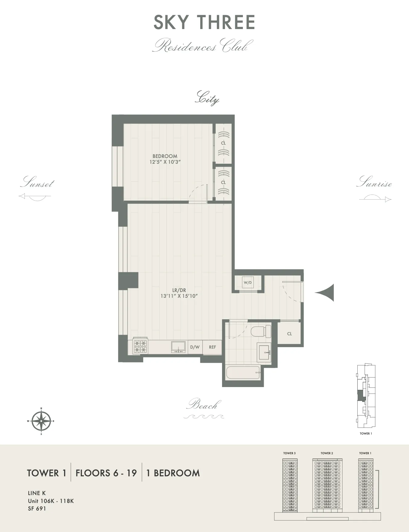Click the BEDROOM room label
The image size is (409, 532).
[x=165, y=156]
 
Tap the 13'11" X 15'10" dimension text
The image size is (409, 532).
[x=179, y=296]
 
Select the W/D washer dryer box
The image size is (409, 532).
[x=248, y=283]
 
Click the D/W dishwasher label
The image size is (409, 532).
[x=195, y=347]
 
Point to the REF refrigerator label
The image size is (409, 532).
[x=212, y=347]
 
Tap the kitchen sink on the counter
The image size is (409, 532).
[x=178, y=347]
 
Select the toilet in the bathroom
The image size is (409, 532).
[x=261, y=331]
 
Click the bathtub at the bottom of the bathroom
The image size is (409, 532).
[x=243, y=373]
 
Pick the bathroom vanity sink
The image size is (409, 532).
[x=264, y=352]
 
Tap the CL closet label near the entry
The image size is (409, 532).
[x=289, y=334]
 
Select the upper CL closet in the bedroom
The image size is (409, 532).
[x=223, y=143]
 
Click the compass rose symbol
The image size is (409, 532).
[x=41, y=421]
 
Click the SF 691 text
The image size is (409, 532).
[x=37, y=509]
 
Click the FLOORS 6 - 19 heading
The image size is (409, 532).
[x=106, y=473]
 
